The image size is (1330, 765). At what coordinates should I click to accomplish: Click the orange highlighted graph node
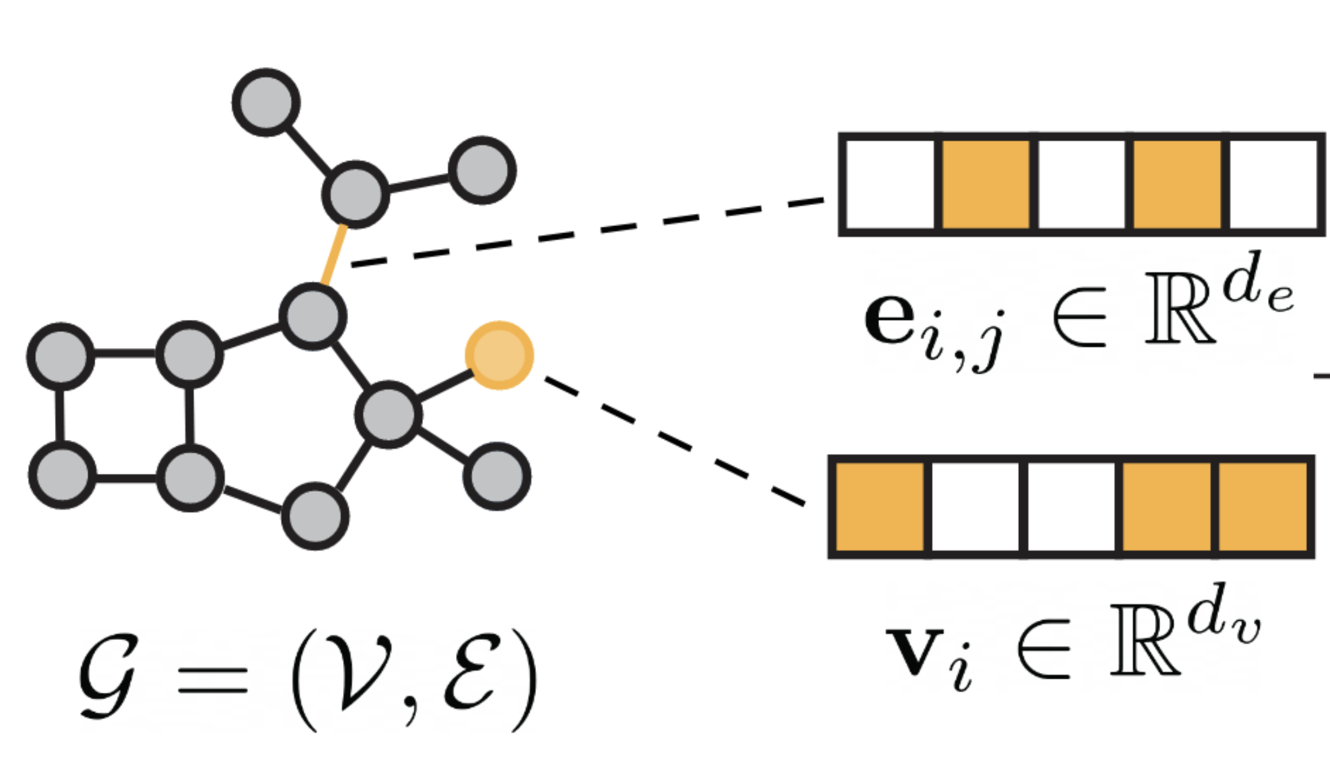coord(499,355)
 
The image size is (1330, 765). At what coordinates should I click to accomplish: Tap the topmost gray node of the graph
coord(266,102)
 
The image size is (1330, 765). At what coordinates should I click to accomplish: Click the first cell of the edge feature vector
coord(890,185)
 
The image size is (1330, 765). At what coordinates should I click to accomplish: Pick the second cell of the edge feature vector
coord(986,185)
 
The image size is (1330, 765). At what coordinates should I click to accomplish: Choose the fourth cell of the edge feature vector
coord(1177,185)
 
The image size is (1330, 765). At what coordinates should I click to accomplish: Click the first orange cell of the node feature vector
coord(880,507)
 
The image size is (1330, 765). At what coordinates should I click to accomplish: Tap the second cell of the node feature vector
coord(975,507)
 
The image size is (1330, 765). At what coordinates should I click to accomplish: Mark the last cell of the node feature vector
coord(1263,507)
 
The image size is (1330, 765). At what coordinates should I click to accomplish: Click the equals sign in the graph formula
coord(213,680)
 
